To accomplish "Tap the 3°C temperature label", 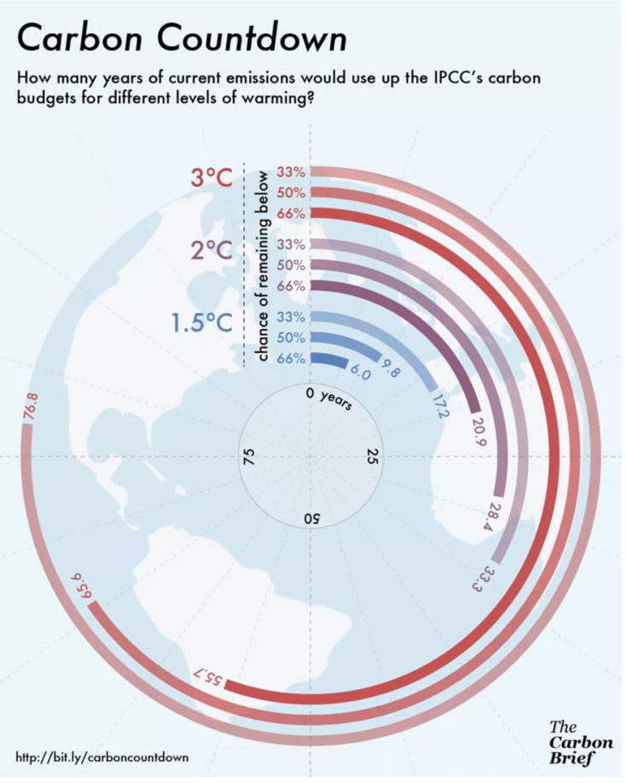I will click(x=211, y=177).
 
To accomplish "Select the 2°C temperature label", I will click(x=211, y=252).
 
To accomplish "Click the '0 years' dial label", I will click(x=329, y=399).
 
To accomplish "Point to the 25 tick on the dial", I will click(x=372, y=458).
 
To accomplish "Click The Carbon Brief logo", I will click(x=579, y=741).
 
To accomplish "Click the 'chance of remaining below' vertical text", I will click(x=263, y=265).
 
